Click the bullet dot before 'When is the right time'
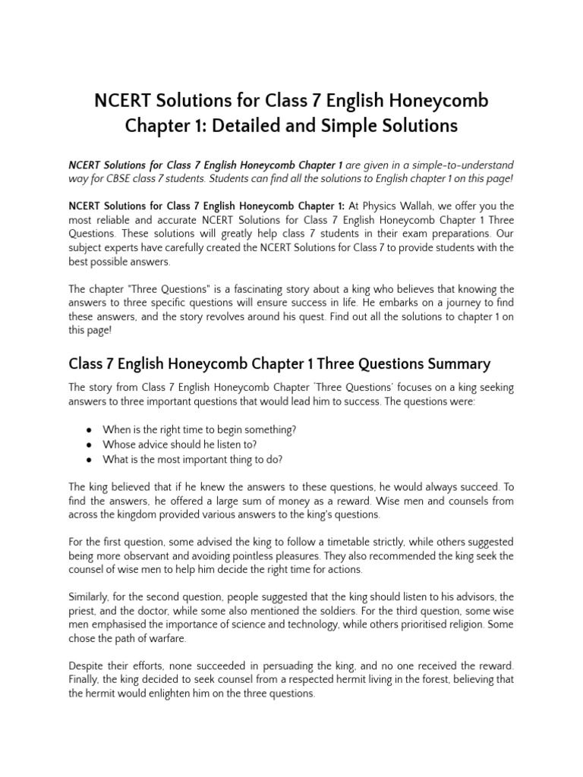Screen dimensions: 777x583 coord(89,429)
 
